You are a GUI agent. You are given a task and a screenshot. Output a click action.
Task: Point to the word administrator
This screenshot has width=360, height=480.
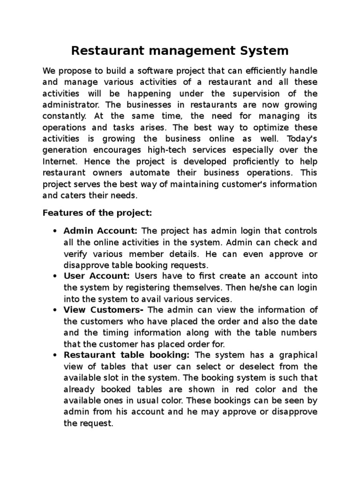[x=67, y=105]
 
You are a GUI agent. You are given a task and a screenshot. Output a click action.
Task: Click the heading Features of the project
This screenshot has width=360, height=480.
[x=97, y=213]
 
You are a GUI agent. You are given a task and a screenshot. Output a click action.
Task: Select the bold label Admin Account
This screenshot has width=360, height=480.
[x=100, y=231]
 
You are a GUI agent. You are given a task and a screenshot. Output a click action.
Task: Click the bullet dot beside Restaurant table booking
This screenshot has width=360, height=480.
[x=56, y=355]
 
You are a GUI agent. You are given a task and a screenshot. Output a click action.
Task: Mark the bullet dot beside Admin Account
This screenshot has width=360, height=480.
[x=56, y=232]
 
